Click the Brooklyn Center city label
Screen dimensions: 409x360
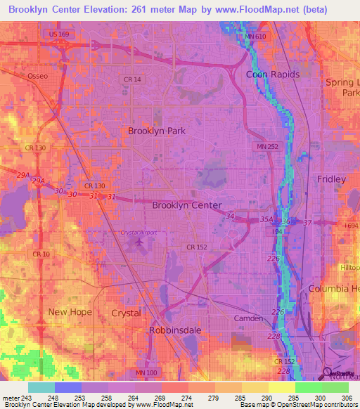point(187,205)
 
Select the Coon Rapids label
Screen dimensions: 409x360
point(273,74)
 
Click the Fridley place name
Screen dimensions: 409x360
point(331,179)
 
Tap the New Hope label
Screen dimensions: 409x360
point(70,311)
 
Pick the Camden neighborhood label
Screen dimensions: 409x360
point(247,318)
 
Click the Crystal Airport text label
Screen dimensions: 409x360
point(137,233)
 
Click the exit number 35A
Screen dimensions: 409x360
point(266,220)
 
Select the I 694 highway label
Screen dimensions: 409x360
point(352,226)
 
